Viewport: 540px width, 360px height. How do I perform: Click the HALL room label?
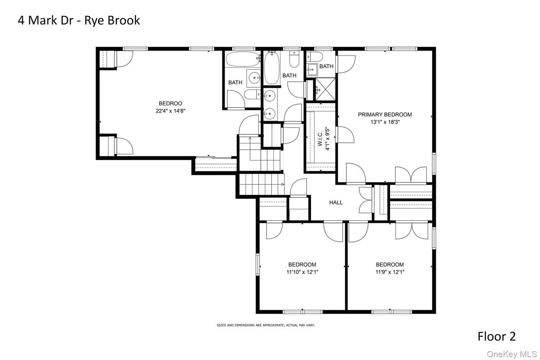point(336,202)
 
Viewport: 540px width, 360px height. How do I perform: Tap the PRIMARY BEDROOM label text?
point(385,115)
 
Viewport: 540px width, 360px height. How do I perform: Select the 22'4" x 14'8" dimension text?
point(170,111)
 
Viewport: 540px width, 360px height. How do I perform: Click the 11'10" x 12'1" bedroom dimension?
point(302,272)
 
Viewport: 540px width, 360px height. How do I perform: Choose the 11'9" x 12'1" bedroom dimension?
point(390,272)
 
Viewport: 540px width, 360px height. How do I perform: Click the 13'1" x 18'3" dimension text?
point(385,122)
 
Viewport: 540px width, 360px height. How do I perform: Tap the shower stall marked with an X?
point(325,89)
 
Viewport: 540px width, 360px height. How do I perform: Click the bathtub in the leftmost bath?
point(243,59)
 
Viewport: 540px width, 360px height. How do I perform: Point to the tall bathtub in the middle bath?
point(272,68)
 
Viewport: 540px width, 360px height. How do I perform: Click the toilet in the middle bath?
point(294,59)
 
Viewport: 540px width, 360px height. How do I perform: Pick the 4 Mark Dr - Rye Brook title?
point(79,20)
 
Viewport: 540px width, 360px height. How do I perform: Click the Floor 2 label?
point(497,336)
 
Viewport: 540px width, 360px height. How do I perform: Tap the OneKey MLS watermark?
point(511,354)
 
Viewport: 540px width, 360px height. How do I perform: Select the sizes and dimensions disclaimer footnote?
point(266,325)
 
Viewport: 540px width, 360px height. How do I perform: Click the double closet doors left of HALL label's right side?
point(366,200)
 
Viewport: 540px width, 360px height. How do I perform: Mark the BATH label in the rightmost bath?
point(326,66)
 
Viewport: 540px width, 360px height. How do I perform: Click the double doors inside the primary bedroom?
point(411,175)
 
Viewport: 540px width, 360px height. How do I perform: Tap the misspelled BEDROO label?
point(170,103)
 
